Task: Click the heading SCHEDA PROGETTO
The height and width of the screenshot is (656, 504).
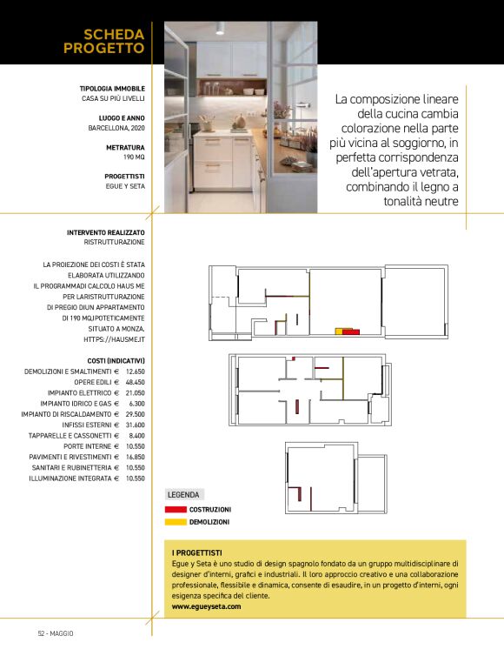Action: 103,41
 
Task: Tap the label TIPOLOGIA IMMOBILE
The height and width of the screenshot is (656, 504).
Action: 112,89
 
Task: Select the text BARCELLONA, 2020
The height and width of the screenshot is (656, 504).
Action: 116,128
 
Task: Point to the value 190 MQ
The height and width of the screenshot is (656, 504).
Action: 133,157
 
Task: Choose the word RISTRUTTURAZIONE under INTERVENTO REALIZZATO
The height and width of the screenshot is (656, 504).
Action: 114,243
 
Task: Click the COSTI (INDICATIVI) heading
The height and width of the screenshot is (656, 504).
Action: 116,360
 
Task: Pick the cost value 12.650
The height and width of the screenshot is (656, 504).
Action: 135,372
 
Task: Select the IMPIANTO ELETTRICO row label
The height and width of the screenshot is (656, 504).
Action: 83,392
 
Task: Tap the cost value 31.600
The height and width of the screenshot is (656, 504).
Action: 135,425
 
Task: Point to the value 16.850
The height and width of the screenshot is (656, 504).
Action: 135,457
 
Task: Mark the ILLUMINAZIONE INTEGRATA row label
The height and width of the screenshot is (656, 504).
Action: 73,478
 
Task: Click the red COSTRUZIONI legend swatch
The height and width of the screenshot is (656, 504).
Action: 176,510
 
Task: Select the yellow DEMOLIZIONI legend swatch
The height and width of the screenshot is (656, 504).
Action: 176,522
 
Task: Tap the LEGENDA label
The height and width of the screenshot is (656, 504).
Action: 183,494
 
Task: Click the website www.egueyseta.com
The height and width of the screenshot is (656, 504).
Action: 206,606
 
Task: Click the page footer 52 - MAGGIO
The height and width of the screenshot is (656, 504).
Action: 56,633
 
